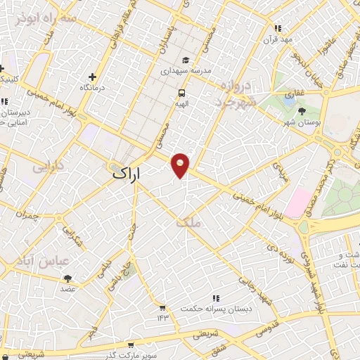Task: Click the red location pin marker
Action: point(181,165)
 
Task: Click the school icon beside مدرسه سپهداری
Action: point(186,60)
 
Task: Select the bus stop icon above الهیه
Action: point(181,92)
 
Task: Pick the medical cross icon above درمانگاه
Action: point(92,77)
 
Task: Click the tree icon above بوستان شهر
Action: point(302,111)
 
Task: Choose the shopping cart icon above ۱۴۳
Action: point(162,308)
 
